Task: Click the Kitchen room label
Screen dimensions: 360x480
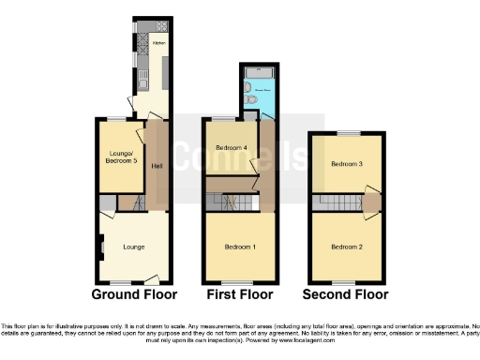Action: pyautogui.click(x=158, y=44)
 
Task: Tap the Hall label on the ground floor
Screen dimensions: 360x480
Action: pyautogui.click(x=157, y=167)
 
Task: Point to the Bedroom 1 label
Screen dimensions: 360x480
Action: pyautogui.click(x=239, y=247)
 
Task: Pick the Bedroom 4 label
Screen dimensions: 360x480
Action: pyautogui.click(x=232, y=148)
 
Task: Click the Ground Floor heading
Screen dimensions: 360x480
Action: pyautogui.click(x=134, y=294)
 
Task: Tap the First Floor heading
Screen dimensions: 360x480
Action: pyautogui.click(x=240, y=294)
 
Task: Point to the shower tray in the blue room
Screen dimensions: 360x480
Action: pyautogui.click(x=257, y=72)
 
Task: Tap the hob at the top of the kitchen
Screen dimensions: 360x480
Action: pyautogui.click(x=161, y=25)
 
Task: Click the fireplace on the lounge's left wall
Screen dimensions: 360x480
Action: pyautogui.click(x=98, y=249)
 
